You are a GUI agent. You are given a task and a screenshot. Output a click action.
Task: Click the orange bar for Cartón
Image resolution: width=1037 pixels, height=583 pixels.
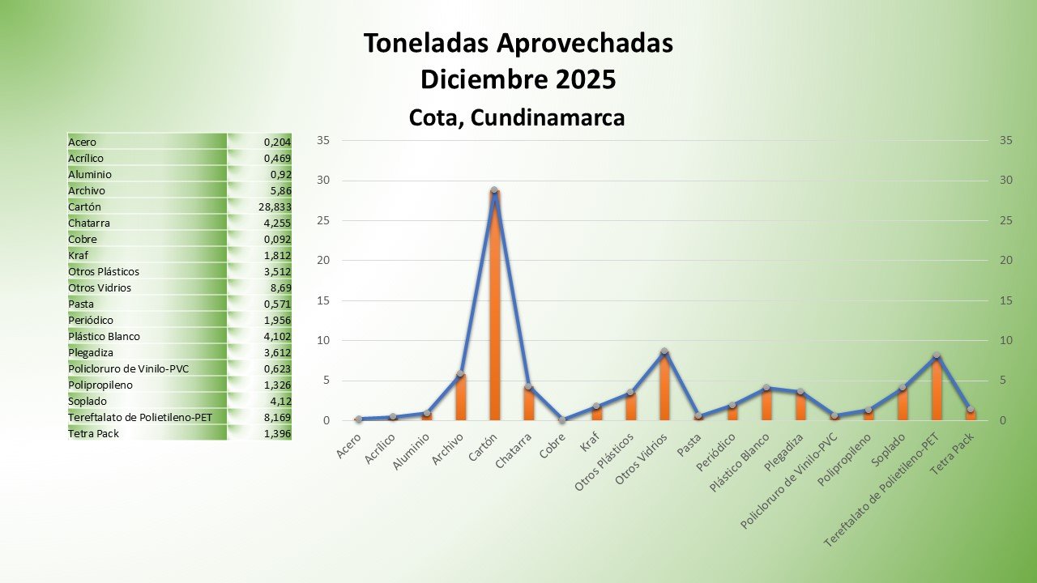click(x=494, y=308)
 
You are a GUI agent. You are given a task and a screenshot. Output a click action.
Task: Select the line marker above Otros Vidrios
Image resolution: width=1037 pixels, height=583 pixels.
click(x=664, y=351)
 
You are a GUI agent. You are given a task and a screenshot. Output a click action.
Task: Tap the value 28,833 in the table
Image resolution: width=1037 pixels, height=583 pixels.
click(x=275, y=206)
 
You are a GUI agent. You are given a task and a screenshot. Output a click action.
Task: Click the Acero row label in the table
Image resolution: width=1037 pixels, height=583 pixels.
click(x=83, y=142)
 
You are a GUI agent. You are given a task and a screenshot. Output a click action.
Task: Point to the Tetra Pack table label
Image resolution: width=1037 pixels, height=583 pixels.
click(x=93, y=433)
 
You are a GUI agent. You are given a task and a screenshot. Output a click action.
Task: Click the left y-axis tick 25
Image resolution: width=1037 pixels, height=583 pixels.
click(x=322, y=220)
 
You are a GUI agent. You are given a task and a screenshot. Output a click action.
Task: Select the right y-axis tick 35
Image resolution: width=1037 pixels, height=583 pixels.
click(x=1007, y=140)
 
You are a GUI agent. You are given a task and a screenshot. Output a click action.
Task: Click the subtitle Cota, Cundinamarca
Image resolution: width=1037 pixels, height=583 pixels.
click(x=517, y=117)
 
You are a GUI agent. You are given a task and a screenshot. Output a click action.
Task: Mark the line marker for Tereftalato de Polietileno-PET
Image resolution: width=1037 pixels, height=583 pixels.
click(x=936, y=355)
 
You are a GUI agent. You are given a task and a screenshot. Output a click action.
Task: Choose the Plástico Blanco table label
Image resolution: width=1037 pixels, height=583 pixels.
click(x=105, y=336)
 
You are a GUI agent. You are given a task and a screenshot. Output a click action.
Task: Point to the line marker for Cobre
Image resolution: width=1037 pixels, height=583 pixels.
click(x=562, y=420)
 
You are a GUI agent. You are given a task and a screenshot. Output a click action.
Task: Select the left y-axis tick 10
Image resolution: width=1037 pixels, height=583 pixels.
click(x=322, y=340)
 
